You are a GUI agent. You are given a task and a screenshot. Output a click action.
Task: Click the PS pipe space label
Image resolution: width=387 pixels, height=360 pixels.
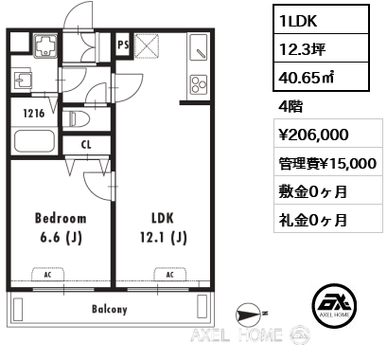click(123, 45)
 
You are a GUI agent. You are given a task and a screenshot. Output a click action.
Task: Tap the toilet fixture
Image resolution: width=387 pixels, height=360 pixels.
click(77, 119)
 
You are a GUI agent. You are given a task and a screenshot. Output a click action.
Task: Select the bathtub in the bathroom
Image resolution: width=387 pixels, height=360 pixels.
click(34, 141)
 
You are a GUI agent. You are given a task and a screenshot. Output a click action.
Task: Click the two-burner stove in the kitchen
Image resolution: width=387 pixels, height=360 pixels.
click(199, 84)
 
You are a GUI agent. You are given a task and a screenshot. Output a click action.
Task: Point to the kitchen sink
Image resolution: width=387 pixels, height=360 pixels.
click(199, 47)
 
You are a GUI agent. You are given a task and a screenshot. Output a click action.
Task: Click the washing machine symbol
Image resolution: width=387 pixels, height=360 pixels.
click(45, 45)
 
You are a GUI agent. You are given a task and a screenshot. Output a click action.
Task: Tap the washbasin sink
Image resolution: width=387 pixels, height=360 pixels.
click(23, 81)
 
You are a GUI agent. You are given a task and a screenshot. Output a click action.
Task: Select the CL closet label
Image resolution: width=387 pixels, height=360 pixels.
click(86, 145)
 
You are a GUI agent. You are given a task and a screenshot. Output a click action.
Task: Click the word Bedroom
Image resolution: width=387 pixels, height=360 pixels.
click(61, 219)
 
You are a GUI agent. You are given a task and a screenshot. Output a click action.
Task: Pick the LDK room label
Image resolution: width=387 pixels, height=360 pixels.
click(163, 219)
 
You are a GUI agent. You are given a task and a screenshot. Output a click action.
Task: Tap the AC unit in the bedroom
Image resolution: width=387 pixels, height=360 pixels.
click(47, 275)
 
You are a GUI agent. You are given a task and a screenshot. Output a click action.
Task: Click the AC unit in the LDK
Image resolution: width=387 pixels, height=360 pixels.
click(170, 275)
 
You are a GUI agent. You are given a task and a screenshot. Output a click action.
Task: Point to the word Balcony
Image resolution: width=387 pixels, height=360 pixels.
click(110, 309)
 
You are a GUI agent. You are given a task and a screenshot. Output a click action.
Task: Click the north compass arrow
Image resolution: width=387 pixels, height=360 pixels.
click(249, 314)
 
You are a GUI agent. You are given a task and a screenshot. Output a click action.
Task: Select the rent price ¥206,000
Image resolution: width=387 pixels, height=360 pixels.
click(313, 135)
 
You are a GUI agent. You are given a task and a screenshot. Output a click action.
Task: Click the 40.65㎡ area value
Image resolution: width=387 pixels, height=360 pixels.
click(307, 77)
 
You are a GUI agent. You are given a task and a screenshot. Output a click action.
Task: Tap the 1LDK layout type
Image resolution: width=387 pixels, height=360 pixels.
click(297, 21)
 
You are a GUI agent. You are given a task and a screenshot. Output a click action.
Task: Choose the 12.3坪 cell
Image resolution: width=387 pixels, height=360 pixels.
click(302, 49)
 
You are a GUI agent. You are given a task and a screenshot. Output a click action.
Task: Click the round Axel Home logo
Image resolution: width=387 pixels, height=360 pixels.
click(334, 305)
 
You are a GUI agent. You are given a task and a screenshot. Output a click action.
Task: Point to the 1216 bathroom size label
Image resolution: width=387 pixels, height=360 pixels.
click(34, 114)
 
